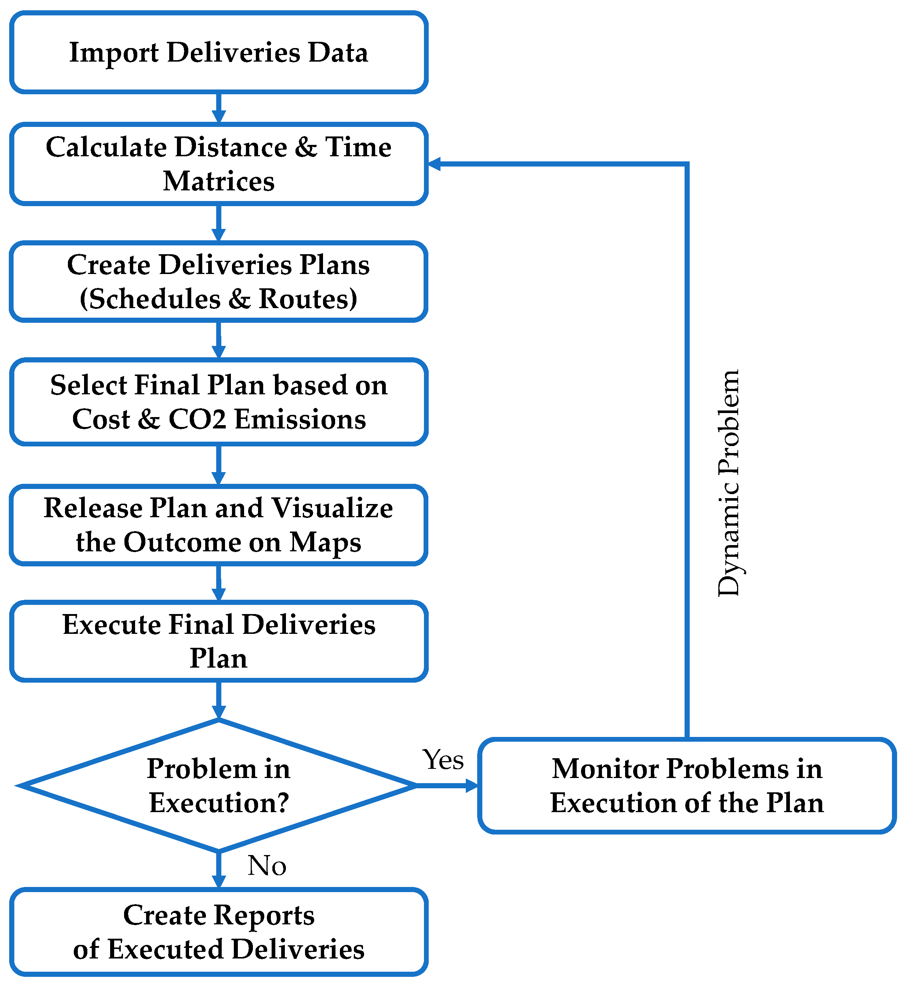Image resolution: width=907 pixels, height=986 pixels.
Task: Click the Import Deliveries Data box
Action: tap(218, 52)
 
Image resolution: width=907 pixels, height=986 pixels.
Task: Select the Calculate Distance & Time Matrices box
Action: tap(218, 164)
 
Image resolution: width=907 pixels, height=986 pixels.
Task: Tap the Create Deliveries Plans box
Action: tap(218, 282)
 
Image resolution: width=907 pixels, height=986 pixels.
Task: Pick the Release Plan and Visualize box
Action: tap(218, 525)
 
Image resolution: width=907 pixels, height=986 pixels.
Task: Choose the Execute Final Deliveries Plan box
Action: tap(218, 641)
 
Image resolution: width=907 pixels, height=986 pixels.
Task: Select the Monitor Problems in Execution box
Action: tap(687, 785)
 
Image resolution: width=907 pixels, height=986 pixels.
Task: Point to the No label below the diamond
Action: tap(267, 865)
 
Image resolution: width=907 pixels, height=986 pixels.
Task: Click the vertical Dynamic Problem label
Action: tap(728, 483)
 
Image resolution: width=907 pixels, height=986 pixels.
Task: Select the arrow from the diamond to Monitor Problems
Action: tap(447, 785)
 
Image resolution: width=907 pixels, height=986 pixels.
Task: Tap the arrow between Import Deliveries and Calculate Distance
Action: tap(219, 108)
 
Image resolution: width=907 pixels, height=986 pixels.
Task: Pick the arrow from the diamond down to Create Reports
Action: tap(219, 869)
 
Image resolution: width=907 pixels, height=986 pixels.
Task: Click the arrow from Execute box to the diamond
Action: tap(219, 701)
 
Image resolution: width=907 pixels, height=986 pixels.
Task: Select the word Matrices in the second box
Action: tap(218, 182)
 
